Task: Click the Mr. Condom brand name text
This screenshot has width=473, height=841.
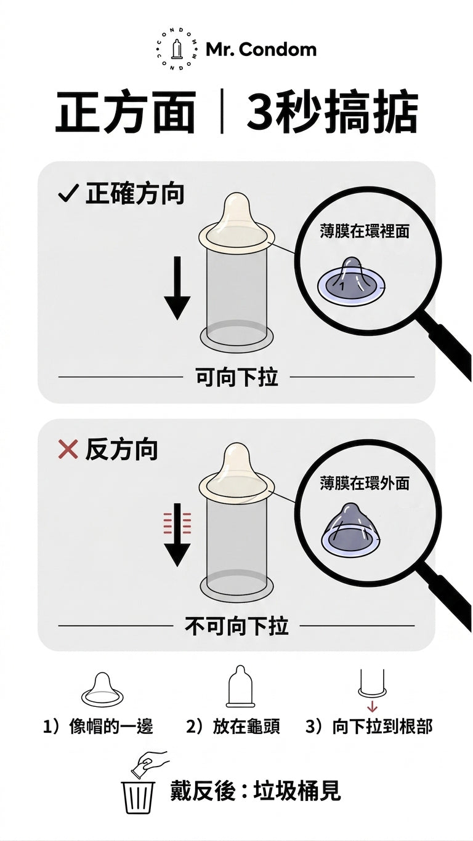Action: coord(261,50)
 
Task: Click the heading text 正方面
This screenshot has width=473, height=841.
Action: coord(126,111)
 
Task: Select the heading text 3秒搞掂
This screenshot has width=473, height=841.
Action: coord(333,111)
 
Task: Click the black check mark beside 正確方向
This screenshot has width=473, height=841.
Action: coord(68,194)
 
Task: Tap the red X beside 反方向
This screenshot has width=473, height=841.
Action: coord(68,449)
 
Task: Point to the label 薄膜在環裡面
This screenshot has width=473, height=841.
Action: coord(365,231)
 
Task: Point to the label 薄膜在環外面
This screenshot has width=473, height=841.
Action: coord(365,483)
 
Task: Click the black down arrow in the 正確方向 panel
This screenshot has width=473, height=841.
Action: coord(177,288)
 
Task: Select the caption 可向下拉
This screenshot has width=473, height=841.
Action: coord(237,377)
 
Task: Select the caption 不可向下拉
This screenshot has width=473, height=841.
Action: coord(237,626)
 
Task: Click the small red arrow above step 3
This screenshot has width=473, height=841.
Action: coord(372,707)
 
